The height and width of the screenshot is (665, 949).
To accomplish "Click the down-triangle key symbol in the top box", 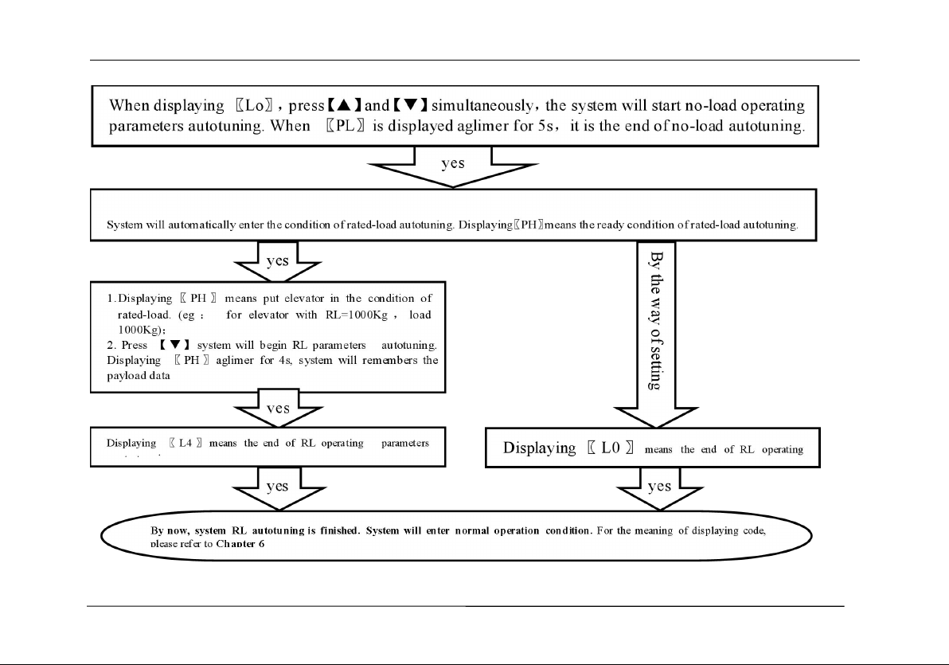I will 412,105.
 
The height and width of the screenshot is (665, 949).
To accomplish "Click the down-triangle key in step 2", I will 174,345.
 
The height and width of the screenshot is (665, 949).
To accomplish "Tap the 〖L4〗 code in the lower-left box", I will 186,444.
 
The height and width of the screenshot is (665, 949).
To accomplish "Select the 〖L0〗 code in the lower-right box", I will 610,448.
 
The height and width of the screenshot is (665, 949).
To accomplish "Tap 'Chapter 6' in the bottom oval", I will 240,543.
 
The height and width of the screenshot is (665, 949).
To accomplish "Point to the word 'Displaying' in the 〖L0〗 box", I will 539,448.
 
